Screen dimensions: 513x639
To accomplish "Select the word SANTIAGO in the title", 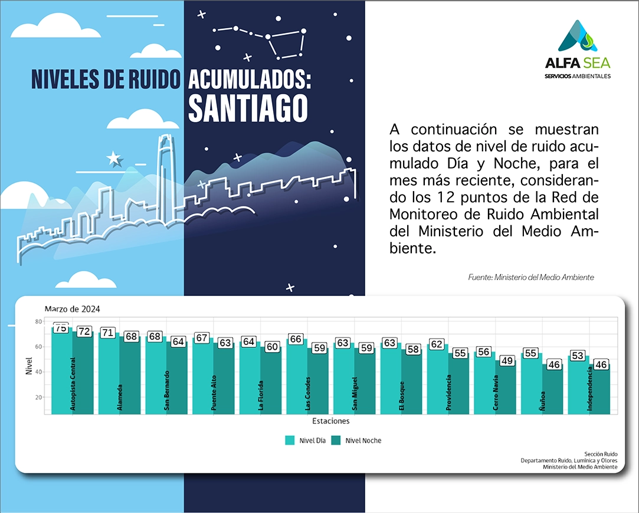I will (x=248, y=107).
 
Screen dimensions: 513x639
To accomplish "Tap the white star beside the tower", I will (x=113, y=158).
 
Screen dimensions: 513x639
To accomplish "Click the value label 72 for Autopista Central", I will (x=84, y=331).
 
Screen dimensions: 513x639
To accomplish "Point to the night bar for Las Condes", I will (x=318, y=383).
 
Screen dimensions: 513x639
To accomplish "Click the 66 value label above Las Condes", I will (x=296, y=338).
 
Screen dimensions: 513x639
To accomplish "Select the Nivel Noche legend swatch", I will (x=336, y=440).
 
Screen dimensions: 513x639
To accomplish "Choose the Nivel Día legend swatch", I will (x=290, y=440).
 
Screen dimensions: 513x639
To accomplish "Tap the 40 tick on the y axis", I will (x=38, y=372).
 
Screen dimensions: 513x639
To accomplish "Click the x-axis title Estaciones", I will (x=331, y=421).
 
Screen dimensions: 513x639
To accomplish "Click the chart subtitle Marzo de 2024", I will (x=73, y=309).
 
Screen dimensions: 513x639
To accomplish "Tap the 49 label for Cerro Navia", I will (x=507, y=360).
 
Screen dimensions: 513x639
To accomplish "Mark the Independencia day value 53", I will (x=578, y=356).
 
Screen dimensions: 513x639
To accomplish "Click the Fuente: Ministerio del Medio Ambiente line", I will (x=530, y=277).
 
